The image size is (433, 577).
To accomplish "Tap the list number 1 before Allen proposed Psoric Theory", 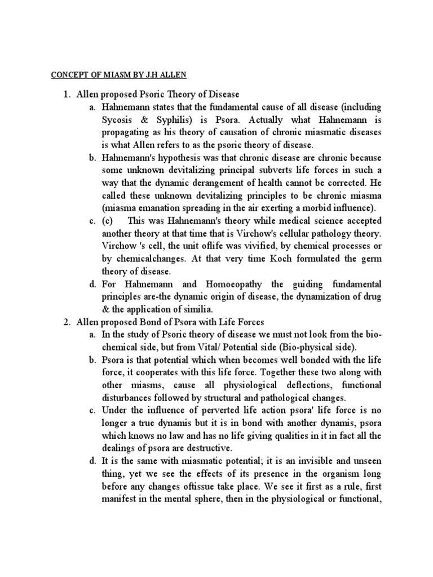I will pyautogui.click(x=66, y=94).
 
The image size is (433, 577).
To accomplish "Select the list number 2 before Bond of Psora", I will pyautogui.click(x=66, y=322).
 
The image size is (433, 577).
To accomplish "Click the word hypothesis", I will pyautogui.click(x=175, y=158).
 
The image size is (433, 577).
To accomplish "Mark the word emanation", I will pyautogui.click(x=157, y=207).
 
